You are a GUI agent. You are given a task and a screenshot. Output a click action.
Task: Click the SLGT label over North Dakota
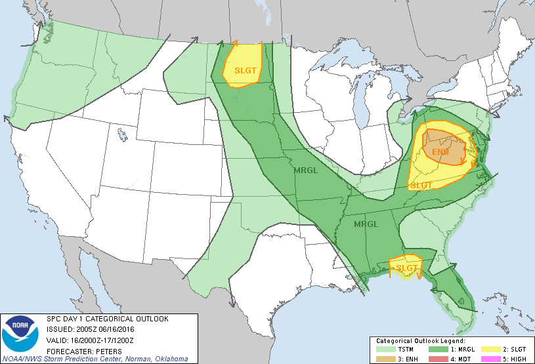[244, 70]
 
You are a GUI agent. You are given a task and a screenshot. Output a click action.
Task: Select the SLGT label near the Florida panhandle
[407, 268]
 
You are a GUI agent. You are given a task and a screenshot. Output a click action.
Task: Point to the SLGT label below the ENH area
[421, 185]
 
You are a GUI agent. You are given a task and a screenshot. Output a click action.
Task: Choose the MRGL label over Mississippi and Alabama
[366, 224]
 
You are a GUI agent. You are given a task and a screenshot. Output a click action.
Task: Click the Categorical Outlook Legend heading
[420, 342]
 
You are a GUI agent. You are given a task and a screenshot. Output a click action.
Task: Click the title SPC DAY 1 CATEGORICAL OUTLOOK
[107, 319]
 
